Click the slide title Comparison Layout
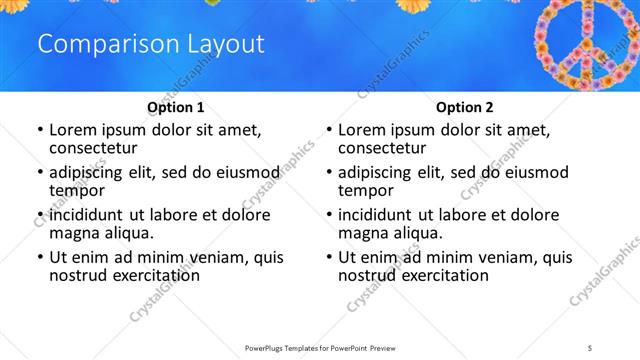(150, 44)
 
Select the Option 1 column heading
(175, 107)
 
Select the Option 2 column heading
(464, 107)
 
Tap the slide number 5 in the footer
(590, 346)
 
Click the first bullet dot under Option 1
(39, 130)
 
